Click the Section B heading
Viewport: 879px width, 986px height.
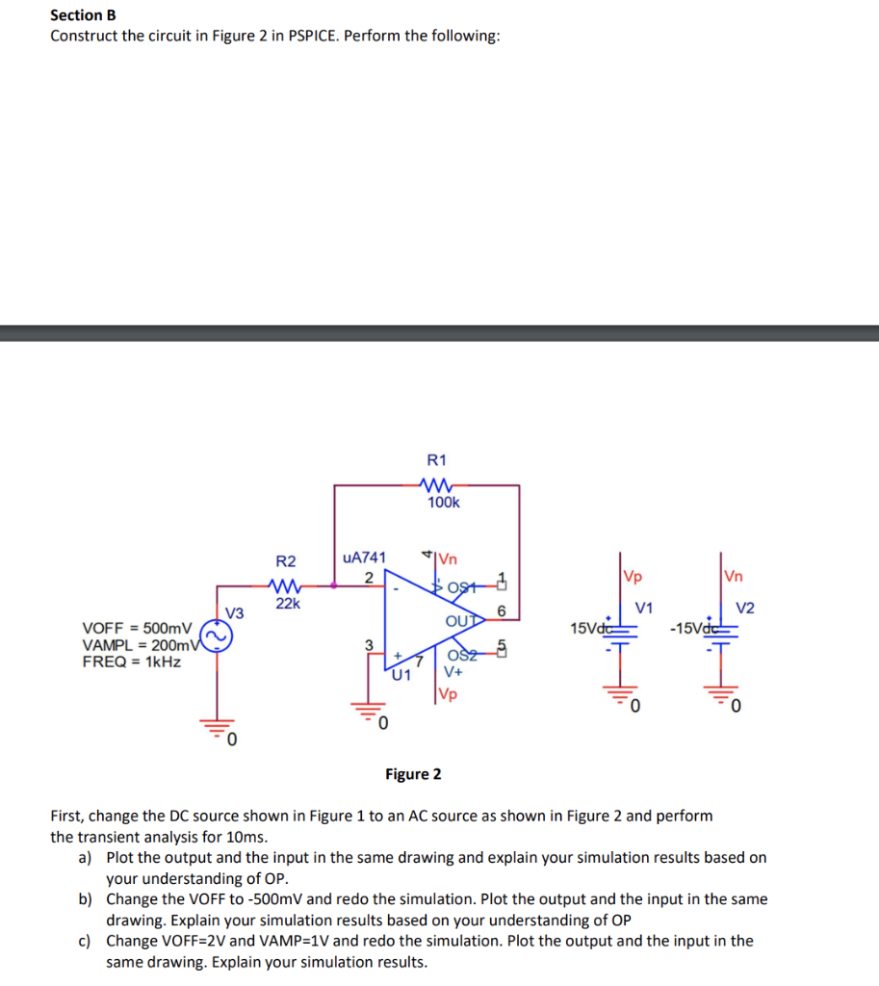pyautogui.click(x=76, y=14)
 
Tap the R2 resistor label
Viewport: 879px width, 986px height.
pyautogui.click(x=286, y=561)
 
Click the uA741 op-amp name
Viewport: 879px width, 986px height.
pyautogui.click(x=364, y=557)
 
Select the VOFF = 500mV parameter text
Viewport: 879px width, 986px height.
pyautogui.click(x=137, y=626)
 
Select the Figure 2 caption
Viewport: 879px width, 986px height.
pyautogui.click(x=413, y=774)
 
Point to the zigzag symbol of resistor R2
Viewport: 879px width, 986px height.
pyautogui.click(x=286, y=584)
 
